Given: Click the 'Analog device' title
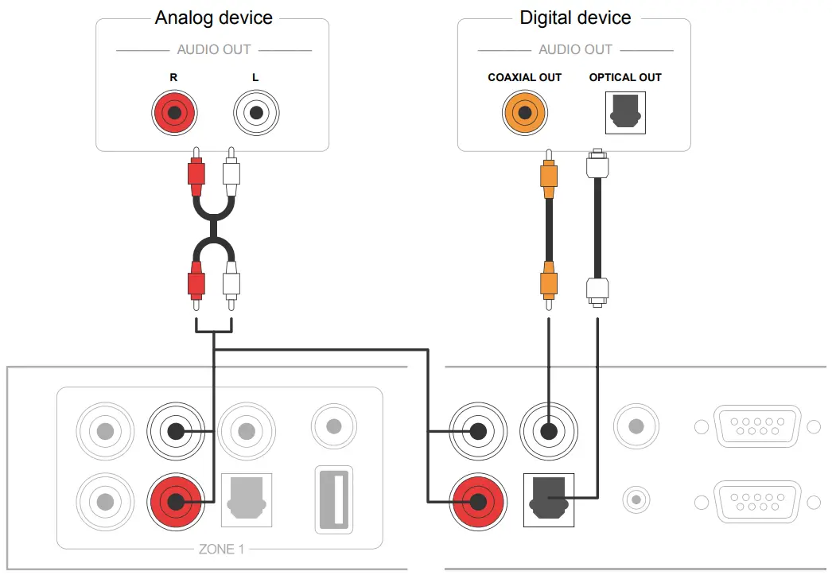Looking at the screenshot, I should click(x=213, y=17).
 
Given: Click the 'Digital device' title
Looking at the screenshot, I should click(x=575, y=17).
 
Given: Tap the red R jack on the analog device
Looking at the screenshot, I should click(x=174, y=113).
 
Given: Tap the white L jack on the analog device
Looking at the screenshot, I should click(x=256, y=113).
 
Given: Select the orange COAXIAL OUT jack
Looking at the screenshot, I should click(x=525, y=113).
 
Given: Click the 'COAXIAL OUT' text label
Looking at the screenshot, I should click(x=524, y=77).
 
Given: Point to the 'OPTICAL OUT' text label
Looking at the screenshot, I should click(x=625, y=77).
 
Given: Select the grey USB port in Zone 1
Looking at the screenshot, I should click(x=333, y=499).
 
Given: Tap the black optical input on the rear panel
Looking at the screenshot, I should click(x=548, y=499).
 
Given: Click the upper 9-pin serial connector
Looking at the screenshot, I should click(x=757, y=426).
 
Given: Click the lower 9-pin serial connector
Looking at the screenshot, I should click(x=757, y=502).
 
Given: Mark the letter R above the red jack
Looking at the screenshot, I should click(x=173, y=77).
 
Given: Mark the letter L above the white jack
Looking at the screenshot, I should click(x=255, y=77).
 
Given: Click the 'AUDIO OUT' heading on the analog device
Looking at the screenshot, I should click(x=213, y=49).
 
